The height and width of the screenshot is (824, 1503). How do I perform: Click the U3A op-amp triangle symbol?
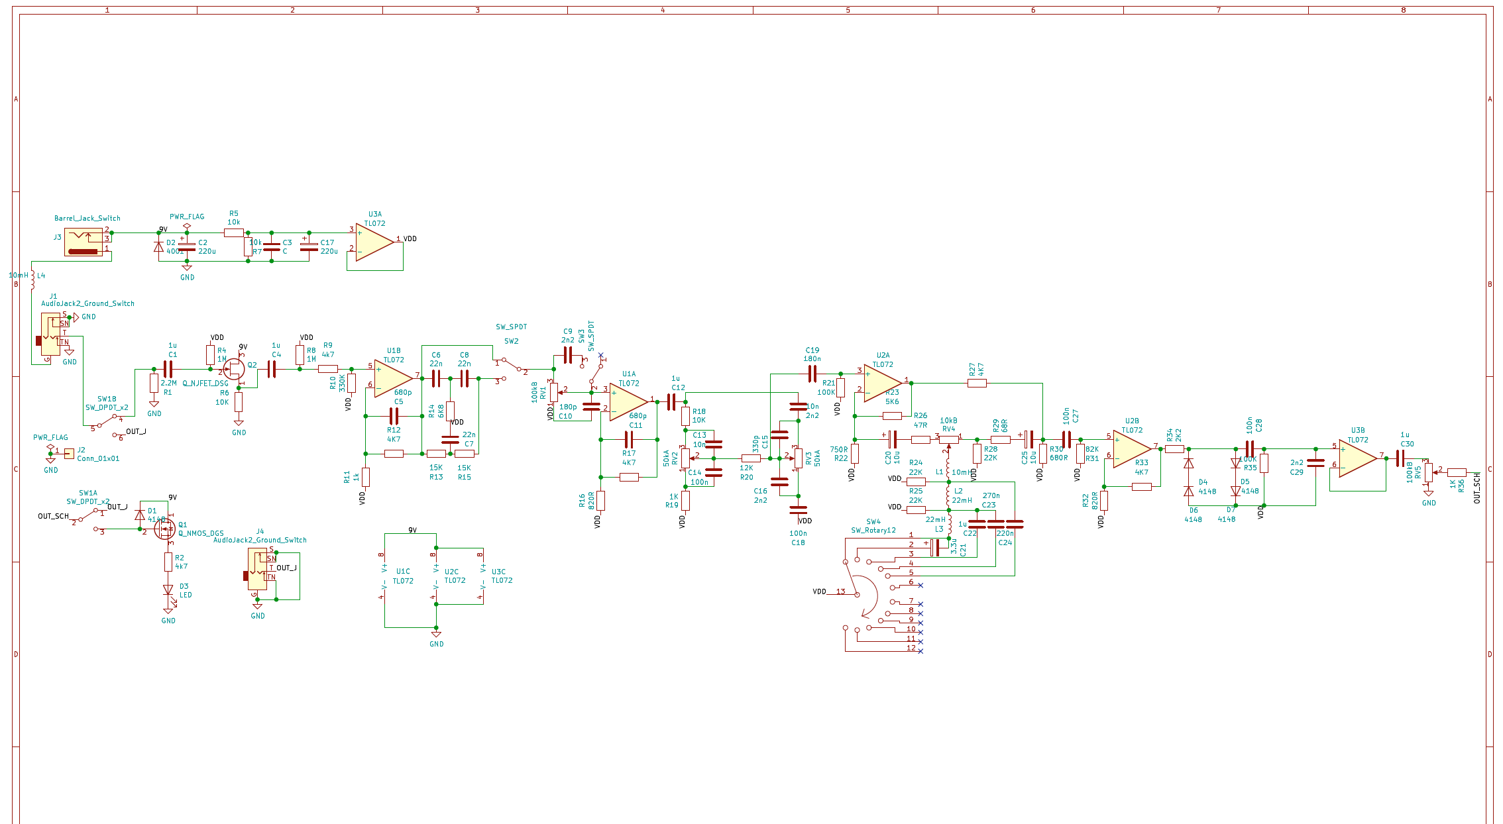374,242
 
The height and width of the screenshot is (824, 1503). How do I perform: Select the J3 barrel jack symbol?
84,242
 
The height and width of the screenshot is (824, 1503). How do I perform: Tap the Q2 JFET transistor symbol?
233,370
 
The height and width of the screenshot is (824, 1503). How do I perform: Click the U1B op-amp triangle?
392,378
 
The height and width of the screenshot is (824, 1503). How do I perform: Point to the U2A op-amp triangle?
882,383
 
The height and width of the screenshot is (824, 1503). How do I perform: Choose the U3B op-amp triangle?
1357,458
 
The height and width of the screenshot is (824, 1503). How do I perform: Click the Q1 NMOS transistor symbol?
164,528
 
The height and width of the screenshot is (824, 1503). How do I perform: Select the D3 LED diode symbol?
168,590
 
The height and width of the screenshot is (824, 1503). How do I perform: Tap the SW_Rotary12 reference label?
873,531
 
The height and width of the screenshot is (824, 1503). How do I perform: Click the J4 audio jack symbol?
258,569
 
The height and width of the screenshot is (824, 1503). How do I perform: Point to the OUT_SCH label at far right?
1477,488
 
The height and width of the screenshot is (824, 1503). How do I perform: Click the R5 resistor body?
233,233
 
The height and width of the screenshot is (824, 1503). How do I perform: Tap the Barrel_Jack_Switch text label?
87,218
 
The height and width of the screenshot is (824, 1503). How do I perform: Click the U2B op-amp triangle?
1131,448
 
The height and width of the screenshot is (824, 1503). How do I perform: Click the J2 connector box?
69,454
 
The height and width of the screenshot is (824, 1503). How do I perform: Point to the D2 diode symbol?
158,246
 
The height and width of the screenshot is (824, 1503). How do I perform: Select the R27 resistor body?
976,383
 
